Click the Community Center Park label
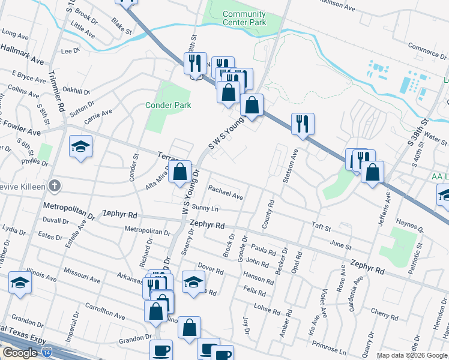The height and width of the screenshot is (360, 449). [244, 18]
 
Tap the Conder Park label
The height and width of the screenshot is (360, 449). [169, 105]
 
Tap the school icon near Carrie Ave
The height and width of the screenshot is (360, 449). [80, 147]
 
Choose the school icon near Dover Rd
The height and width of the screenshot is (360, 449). [193, 282]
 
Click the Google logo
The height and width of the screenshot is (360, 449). [20, 353]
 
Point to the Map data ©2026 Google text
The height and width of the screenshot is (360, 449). [412, 355]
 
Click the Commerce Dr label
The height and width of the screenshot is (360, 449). [424, 46]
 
